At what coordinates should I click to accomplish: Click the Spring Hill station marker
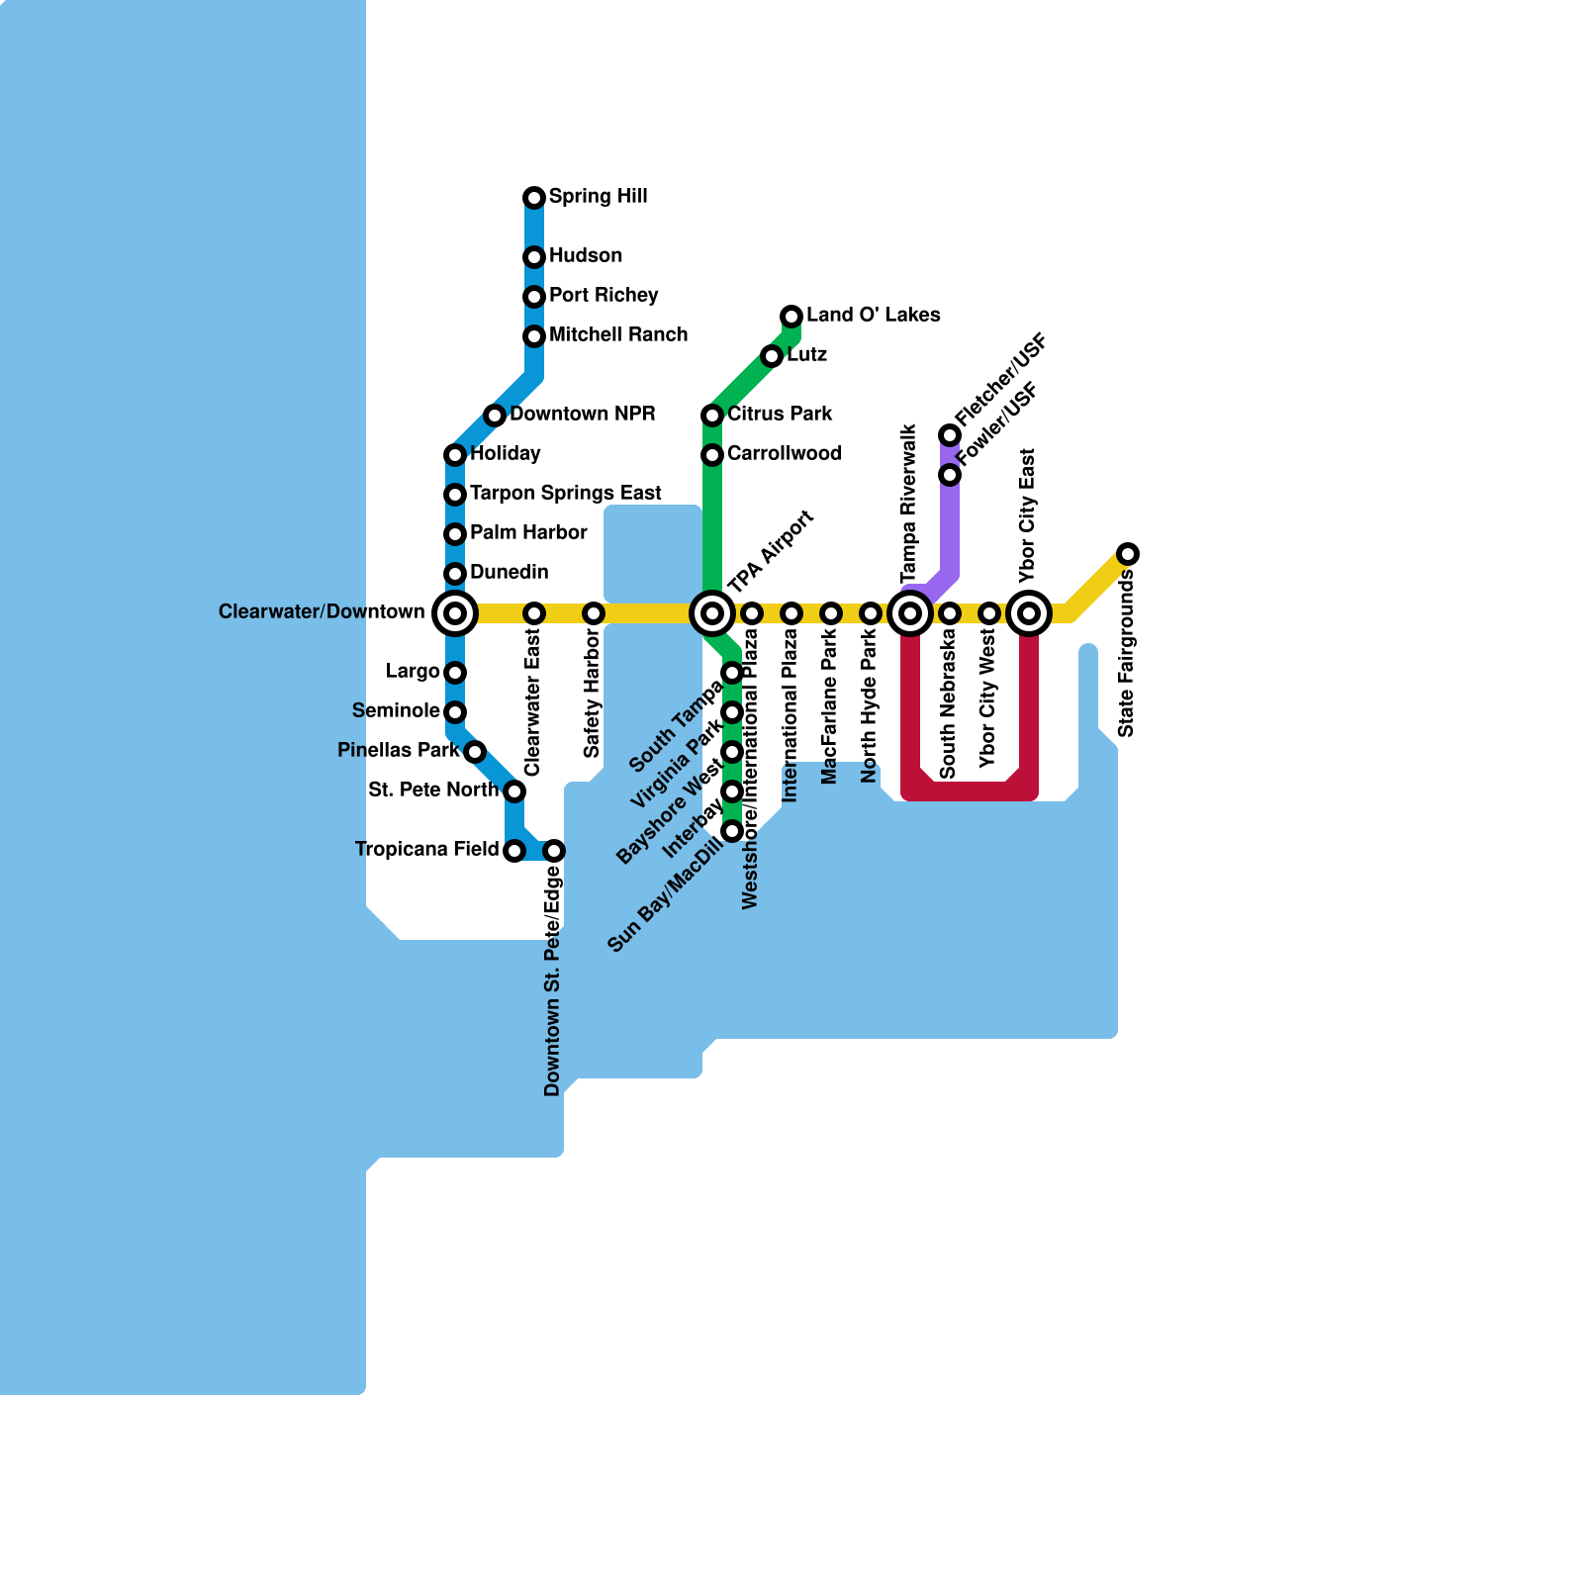[x=534, y=198]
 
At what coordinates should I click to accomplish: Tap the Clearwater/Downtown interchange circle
[x=455, y=613]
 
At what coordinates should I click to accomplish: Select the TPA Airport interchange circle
[x=712, y=613]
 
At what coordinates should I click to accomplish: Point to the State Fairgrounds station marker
[x=1128, y=554]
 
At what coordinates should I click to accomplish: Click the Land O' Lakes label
[x=873, y=316]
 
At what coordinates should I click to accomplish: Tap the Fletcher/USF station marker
[x=950, y=435]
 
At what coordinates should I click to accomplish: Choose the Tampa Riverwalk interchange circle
[x=910, y=613]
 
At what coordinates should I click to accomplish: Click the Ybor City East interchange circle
[x=1029, y=613]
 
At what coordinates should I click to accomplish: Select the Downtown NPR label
[x=582, y=414]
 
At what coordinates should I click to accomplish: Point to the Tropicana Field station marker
[x=514, y=851]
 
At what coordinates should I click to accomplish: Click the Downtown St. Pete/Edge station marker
[x=554, y=851]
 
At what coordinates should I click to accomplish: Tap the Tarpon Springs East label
[x=566, y=494]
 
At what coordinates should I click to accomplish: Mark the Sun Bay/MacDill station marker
[x=732, y=831]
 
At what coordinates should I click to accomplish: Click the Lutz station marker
[x=772, y=356]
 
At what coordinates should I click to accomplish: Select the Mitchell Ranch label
[x=618, y=334]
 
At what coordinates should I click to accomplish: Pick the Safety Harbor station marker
[x=594, y=613]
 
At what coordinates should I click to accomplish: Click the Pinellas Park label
[x=399, y=750]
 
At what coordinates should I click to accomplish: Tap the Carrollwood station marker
[x=712, y=455]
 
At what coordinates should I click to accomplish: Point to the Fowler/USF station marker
[x=950, y=475]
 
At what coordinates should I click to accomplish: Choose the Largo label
[x=413, y=672]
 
